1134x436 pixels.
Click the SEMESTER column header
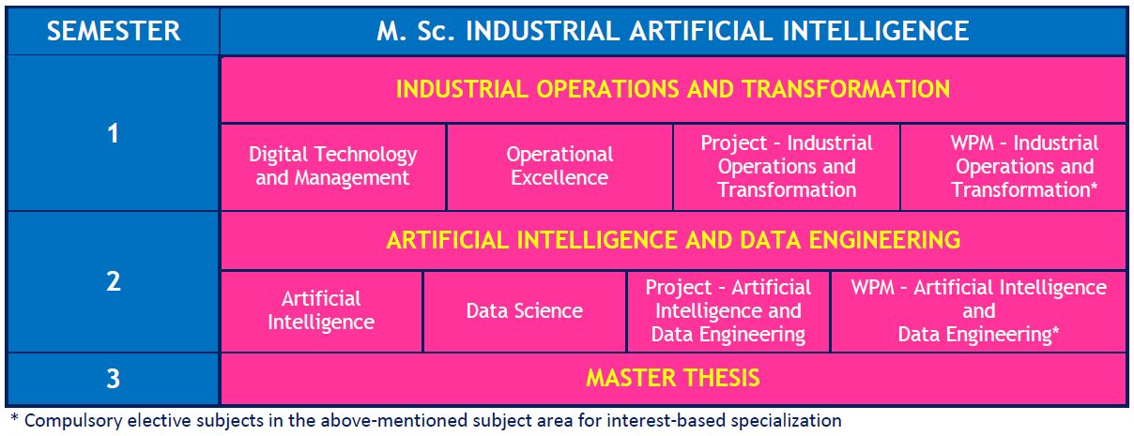tap(113, 31)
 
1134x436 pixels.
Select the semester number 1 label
tap(113, 133)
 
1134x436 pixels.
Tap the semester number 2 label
tap(113, 281)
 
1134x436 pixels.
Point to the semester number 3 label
tap(113, 379)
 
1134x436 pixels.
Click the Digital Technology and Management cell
tap(333, 166)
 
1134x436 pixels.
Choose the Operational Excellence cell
tap(559, 166)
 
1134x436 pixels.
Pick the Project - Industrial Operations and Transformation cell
tap(787, 166)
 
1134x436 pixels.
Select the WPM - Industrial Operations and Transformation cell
tap(1014, 166)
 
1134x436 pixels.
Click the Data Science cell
tap(525, 311)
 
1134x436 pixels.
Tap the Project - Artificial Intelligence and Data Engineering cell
tap(728, 311)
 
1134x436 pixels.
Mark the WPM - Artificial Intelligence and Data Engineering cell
tap(978, 311)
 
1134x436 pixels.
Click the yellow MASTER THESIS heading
tap(673, 379)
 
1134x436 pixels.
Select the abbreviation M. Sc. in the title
tap(416, 31)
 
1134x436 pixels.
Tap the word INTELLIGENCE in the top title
tap(876, 31)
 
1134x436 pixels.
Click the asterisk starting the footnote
tap(14, 418)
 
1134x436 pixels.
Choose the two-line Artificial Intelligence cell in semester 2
tap(321, 311)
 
